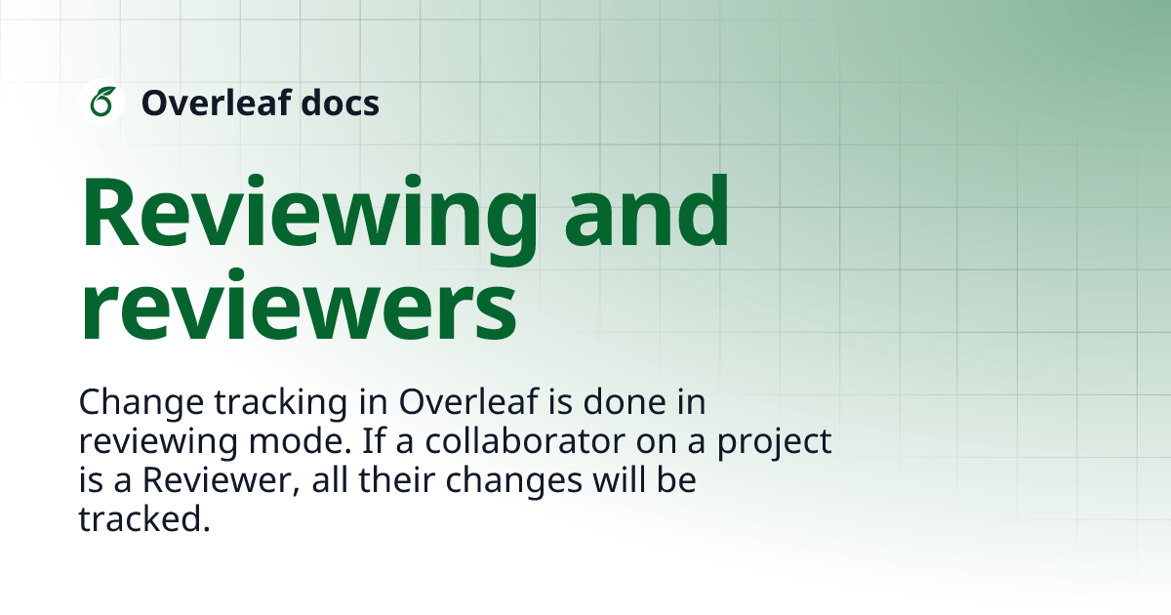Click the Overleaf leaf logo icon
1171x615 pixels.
101,102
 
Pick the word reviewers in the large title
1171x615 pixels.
298,306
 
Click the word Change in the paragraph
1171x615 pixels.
131,402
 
